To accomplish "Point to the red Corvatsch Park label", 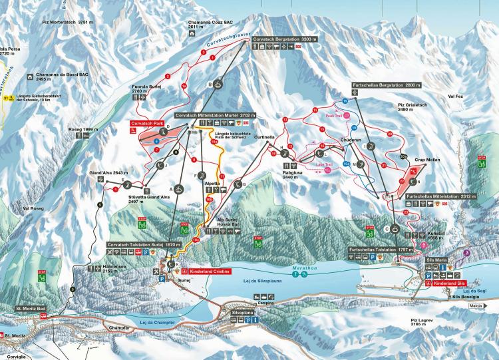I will (x=147, y=124).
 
